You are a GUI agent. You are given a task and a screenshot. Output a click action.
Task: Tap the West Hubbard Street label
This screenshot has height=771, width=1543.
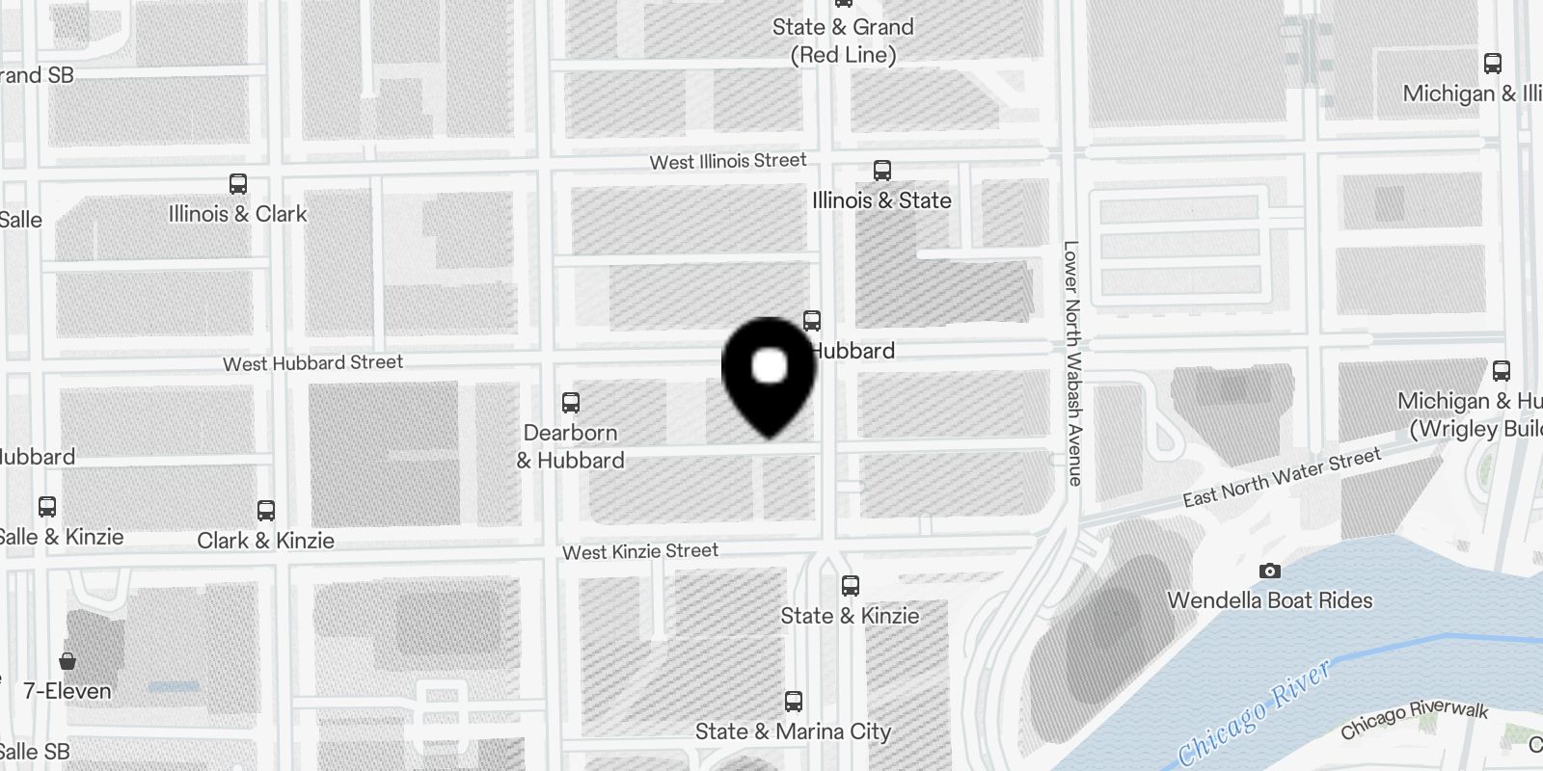coord(312,363)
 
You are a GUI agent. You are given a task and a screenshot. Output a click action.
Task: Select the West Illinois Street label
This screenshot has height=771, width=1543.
coord(727,162)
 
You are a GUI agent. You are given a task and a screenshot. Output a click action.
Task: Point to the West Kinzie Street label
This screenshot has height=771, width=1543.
coord(640,551)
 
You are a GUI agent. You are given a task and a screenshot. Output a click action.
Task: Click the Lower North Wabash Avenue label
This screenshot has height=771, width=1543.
coord(1072,362)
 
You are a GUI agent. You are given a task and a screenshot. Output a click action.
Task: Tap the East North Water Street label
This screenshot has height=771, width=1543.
coord(1282,478)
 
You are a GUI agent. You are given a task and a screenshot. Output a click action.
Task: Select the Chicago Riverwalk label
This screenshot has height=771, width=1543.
coord(1414,719)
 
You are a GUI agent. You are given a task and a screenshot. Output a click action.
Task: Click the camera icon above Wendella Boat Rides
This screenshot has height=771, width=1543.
coord(1270,572)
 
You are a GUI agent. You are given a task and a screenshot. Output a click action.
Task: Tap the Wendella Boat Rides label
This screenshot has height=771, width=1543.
coord(1269,600)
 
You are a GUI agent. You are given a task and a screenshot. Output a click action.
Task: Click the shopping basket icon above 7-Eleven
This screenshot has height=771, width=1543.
coord(68,661)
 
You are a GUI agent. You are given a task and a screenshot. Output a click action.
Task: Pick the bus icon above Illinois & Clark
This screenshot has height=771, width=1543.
coord(238,184)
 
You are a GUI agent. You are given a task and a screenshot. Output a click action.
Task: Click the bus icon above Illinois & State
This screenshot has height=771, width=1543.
coord(881,171)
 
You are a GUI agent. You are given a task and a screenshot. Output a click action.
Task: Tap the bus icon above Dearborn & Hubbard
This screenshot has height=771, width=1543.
coord(571,403)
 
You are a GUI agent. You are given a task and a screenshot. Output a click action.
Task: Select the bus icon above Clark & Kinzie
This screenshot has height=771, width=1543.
coord(266,511)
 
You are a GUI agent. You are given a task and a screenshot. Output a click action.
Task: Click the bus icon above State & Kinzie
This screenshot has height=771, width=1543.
coord(850,586)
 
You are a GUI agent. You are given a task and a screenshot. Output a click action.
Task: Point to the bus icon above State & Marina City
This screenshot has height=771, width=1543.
coord(794,702)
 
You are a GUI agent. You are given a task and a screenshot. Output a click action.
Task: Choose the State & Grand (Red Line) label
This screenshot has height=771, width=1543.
coord(843,40)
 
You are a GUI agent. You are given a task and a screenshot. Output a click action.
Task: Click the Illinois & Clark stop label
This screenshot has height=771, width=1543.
coord(237,214)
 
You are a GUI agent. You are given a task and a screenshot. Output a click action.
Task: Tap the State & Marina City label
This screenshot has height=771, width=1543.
coord(793,731)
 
